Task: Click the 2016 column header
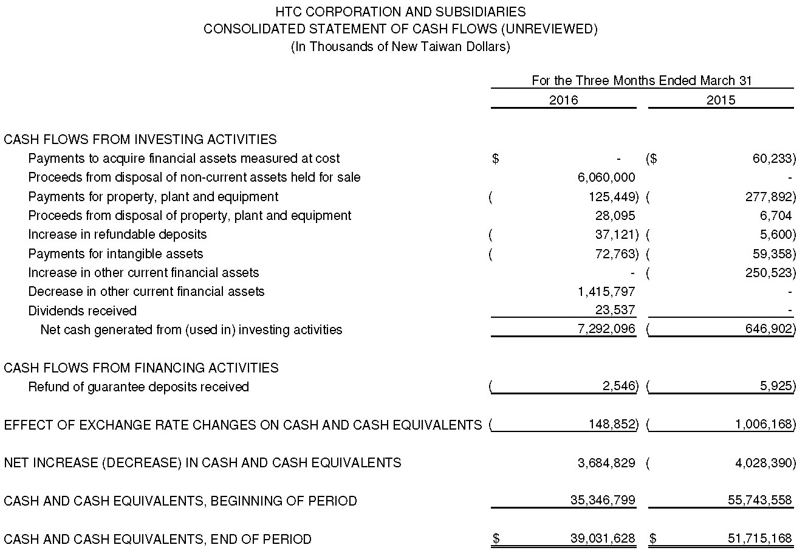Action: click(x=563, y=100)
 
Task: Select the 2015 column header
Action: click(x=721, y=100)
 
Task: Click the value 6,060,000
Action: click(x=606, y=177)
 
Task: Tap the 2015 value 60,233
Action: click(x=772, y=159)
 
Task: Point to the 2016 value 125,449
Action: click(x=615, y=197)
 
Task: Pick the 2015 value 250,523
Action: click(x=769, y=273)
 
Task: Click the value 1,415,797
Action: click(x=606, y=292)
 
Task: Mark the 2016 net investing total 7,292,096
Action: click(x=606, y=329)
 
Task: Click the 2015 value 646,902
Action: click(x=769, y=329)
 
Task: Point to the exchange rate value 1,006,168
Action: click(x=764, y=424)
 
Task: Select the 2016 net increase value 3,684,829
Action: click(x=606, y=463)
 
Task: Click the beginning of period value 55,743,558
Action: click(x=759, y=501)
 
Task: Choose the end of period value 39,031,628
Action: click(x=603, y=539)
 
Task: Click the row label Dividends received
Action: click(x=82, y=311)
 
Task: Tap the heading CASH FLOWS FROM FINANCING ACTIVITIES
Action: click(x=141, y=368)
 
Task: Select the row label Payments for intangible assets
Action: click(x=115, y=254)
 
